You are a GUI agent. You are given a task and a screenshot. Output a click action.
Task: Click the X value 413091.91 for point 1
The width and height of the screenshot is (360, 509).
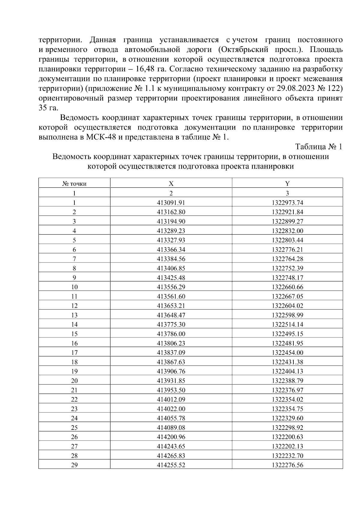pyautogui.click(x=171, y=203)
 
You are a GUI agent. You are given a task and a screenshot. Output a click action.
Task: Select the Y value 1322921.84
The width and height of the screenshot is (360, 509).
pyautogui.click(x=287, y=212)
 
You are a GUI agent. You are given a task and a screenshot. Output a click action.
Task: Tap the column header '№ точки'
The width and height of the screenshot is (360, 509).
pyautogui.click(x=74, y=184)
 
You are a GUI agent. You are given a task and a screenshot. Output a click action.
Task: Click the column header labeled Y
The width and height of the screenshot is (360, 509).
pyautogui.click(x=287, y=184)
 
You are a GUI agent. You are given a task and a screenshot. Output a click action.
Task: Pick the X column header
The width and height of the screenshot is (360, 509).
pyautogui.click(x=171, y=184)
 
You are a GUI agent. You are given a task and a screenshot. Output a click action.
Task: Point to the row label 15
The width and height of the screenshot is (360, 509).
pyautogui.click(x=74, y=334)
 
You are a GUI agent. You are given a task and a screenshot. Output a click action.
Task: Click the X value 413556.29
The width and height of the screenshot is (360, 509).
pyautogui.click(x=171, y=287)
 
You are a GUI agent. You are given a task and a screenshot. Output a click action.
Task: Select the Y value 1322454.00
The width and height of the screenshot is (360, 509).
pyautogui.click(x=287, y=353)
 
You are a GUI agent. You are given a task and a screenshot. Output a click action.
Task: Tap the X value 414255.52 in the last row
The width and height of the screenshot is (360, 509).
pyautogui.click(x=171, y=465)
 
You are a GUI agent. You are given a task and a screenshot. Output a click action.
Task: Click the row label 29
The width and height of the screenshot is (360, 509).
pyautogui.click(x=74, y=465)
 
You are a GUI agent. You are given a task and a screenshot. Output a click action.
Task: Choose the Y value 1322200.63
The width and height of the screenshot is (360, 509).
pyautogui.click(x=287, y=437)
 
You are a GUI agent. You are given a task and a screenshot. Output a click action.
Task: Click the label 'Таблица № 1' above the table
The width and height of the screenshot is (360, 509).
pyautogui.click(x=319, y=147)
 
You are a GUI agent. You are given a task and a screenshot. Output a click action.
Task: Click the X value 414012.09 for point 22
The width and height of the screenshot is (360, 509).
pyautogui.click(x=171, y=400)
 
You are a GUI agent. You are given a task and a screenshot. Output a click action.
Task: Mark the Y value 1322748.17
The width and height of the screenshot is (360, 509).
pyautogui.click(x=287, y=278)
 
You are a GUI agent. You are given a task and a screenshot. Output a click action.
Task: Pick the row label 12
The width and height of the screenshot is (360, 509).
pyautogui.click(x=74, y=306)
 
